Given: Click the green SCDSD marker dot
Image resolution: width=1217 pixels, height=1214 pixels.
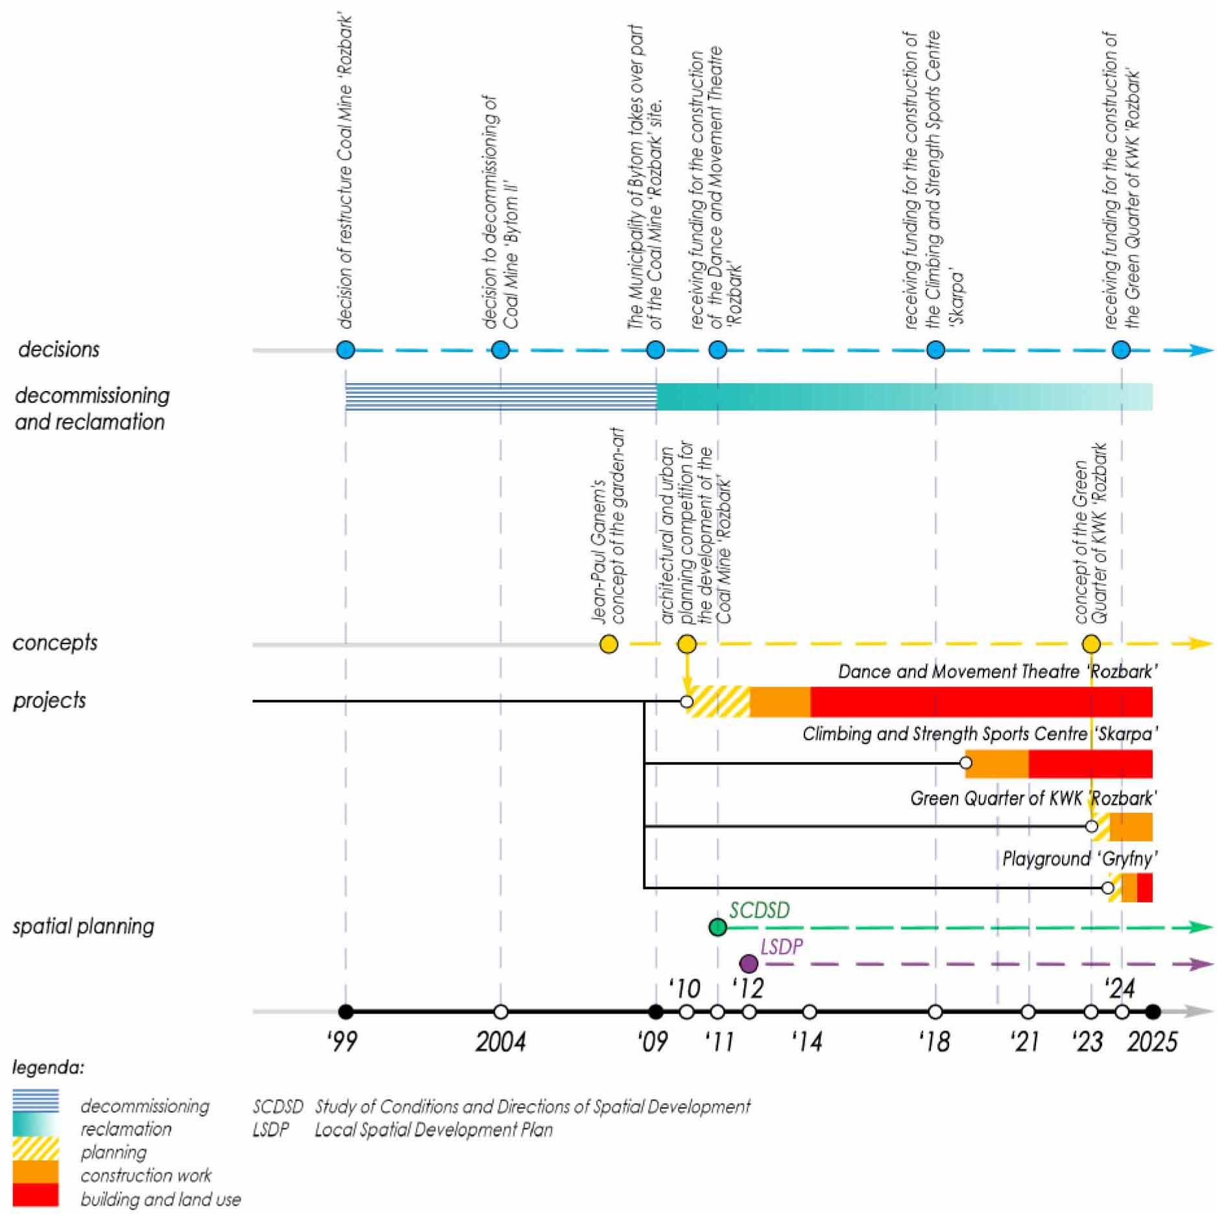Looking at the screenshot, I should pos(717,927).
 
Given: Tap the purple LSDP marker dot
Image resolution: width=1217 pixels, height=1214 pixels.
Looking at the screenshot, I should pos(749,964).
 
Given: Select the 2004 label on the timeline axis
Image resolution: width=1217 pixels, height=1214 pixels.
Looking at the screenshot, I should pos(500,1042).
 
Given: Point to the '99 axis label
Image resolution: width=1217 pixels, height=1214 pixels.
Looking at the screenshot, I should pos(342,1042).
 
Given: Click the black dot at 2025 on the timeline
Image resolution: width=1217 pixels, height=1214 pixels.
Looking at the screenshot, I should pos(1152,1012).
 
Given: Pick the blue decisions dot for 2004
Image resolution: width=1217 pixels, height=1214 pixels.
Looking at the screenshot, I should pos(500,350).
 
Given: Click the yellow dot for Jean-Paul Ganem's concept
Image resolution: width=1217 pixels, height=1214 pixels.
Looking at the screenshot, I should pos(608,644).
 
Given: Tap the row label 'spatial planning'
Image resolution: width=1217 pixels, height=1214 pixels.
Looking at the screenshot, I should pos(83,926).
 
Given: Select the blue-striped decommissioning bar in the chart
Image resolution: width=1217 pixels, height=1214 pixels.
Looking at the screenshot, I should pos(500,397).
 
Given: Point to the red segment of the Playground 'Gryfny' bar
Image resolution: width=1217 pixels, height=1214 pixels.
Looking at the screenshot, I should pos(1145,888).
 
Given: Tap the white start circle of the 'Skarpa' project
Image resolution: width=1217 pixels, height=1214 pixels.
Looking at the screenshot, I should pos(965,763).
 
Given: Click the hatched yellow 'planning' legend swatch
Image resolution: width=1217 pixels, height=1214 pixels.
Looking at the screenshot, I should pos(36,1149).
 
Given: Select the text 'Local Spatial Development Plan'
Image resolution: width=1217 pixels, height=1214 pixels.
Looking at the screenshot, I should pos(433,1130).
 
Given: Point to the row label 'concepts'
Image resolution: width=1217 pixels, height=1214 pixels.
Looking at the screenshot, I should pos(55,643).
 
